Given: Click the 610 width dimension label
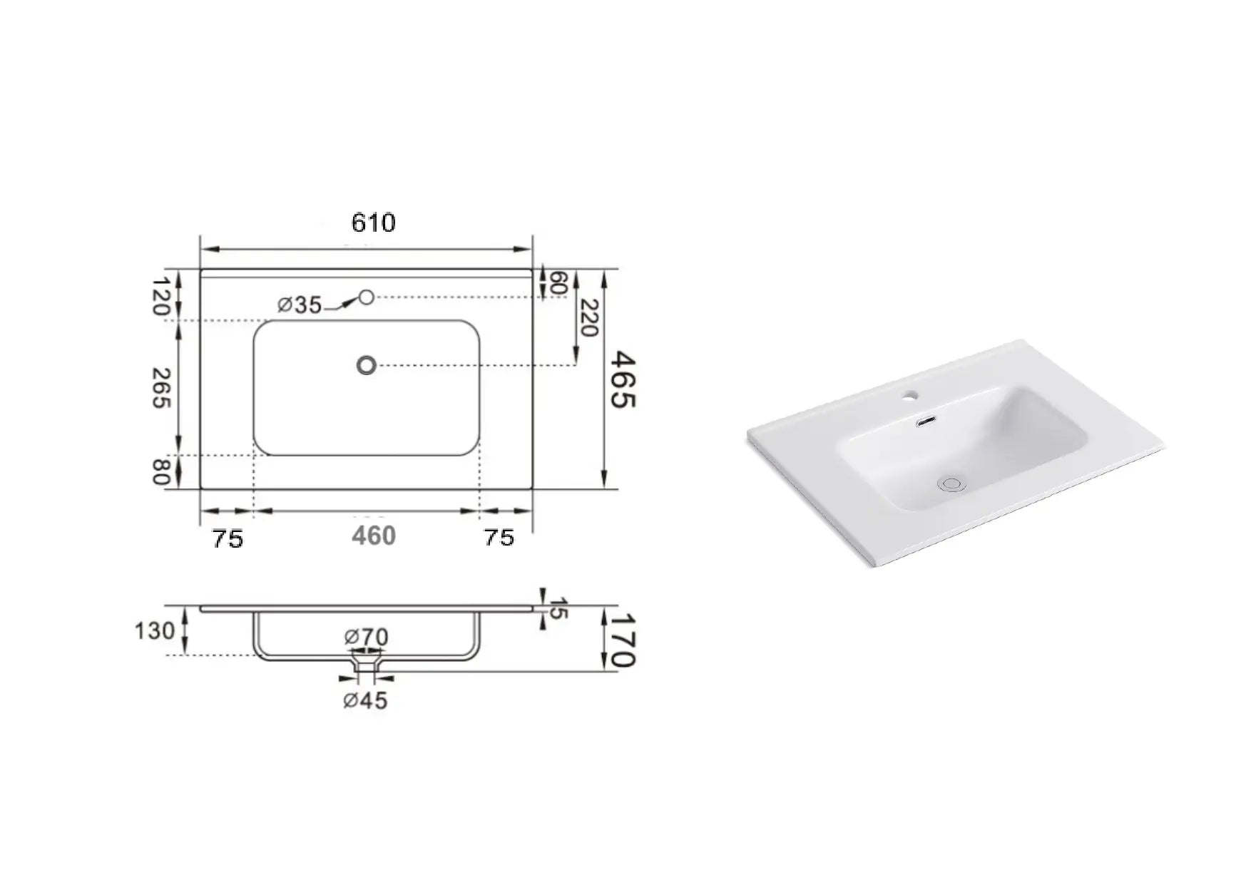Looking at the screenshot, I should point(373,223).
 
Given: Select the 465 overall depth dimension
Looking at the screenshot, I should point(621,379).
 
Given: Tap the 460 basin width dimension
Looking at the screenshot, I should point(373,536).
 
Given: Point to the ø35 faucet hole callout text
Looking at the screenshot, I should point(300,305).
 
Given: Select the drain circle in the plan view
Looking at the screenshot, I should point(366,366).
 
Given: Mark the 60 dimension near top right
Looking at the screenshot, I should point(558,282).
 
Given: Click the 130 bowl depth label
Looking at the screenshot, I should point(155,630).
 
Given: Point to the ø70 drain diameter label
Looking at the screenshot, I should point(366,636).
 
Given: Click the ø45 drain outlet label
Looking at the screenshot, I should point(365,701).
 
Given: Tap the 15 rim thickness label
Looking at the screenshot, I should point(558,608).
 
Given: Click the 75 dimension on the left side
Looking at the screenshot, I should point(228,538).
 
